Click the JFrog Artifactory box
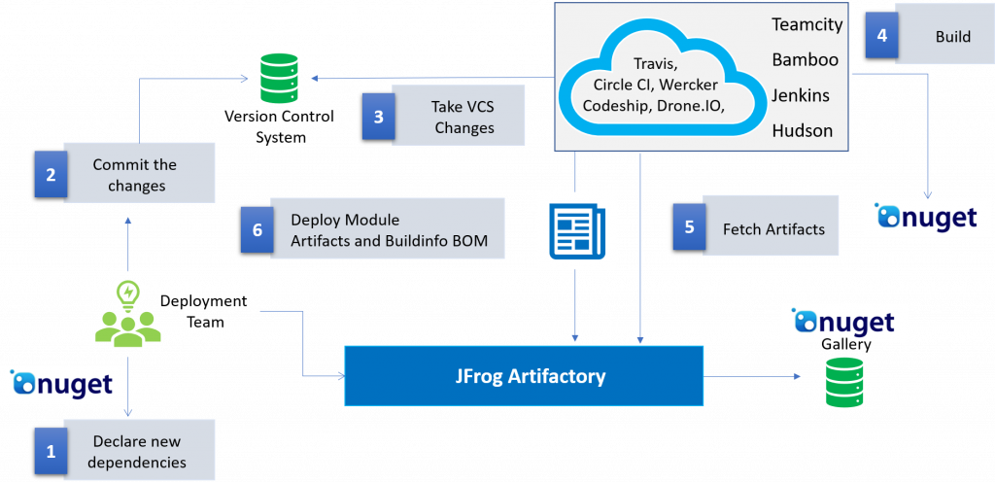click(x=524, y=375)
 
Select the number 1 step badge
click(x=51, y=450)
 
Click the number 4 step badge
click(x=881, y=36)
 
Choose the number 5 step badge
click(x=689, y=227)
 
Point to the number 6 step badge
click(x=257, y=229)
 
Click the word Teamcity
click(x=806, y=24)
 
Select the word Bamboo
click(x=805, y=59)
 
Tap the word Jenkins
click(x=803, y=94)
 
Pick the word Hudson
click(x=803, y=129)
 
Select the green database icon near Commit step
click(x=279, y=79)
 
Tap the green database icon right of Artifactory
click(x=843, y=382)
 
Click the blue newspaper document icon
click(x=577, y=230)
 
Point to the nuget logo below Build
click(x=927, y=217)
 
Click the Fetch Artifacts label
click(x=773, y=229)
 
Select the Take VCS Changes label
click(x=464, y=117)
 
